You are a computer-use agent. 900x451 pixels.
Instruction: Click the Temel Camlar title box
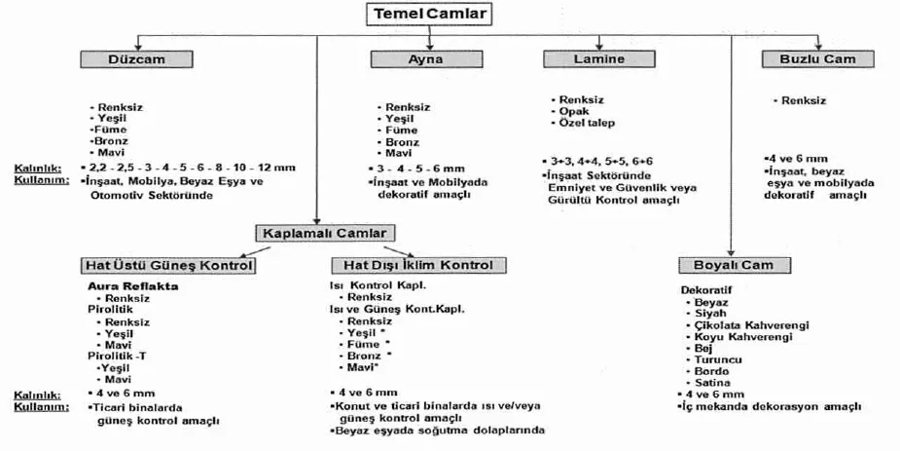click(429, 14)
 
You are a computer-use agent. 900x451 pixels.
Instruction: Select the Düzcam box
click(136, 59)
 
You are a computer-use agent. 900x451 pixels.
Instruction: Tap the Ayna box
click(426, 59)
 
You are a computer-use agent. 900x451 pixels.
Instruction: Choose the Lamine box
click(599, 58)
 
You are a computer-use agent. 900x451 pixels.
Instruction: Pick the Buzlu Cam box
click(818, 59)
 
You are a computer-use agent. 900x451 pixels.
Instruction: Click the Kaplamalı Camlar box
click(325, 233)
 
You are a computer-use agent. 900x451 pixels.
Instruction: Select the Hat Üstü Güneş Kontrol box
click(168, 265)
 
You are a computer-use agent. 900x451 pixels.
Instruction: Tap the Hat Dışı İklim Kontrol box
click(418, 265)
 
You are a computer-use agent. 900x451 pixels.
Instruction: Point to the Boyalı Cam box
click(735, 265)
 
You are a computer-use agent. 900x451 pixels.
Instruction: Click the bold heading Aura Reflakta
click(132, 286)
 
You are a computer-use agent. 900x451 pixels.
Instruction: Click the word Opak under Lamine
click(574, 111)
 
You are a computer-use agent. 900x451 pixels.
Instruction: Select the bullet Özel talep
click(587, 123)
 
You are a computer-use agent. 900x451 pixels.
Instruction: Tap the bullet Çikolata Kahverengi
click(752, 325)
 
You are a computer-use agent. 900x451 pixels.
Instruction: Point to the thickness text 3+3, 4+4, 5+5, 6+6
click(601, 162)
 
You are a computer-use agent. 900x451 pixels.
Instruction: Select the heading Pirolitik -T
click(117, 357)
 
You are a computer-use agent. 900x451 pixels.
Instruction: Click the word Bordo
click(711, 371)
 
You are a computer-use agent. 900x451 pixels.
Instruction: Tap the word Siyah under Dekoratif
click(710, 314)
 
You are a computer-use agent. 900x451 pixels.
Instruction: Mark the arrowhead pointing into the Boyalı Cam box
click(731, 253)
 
